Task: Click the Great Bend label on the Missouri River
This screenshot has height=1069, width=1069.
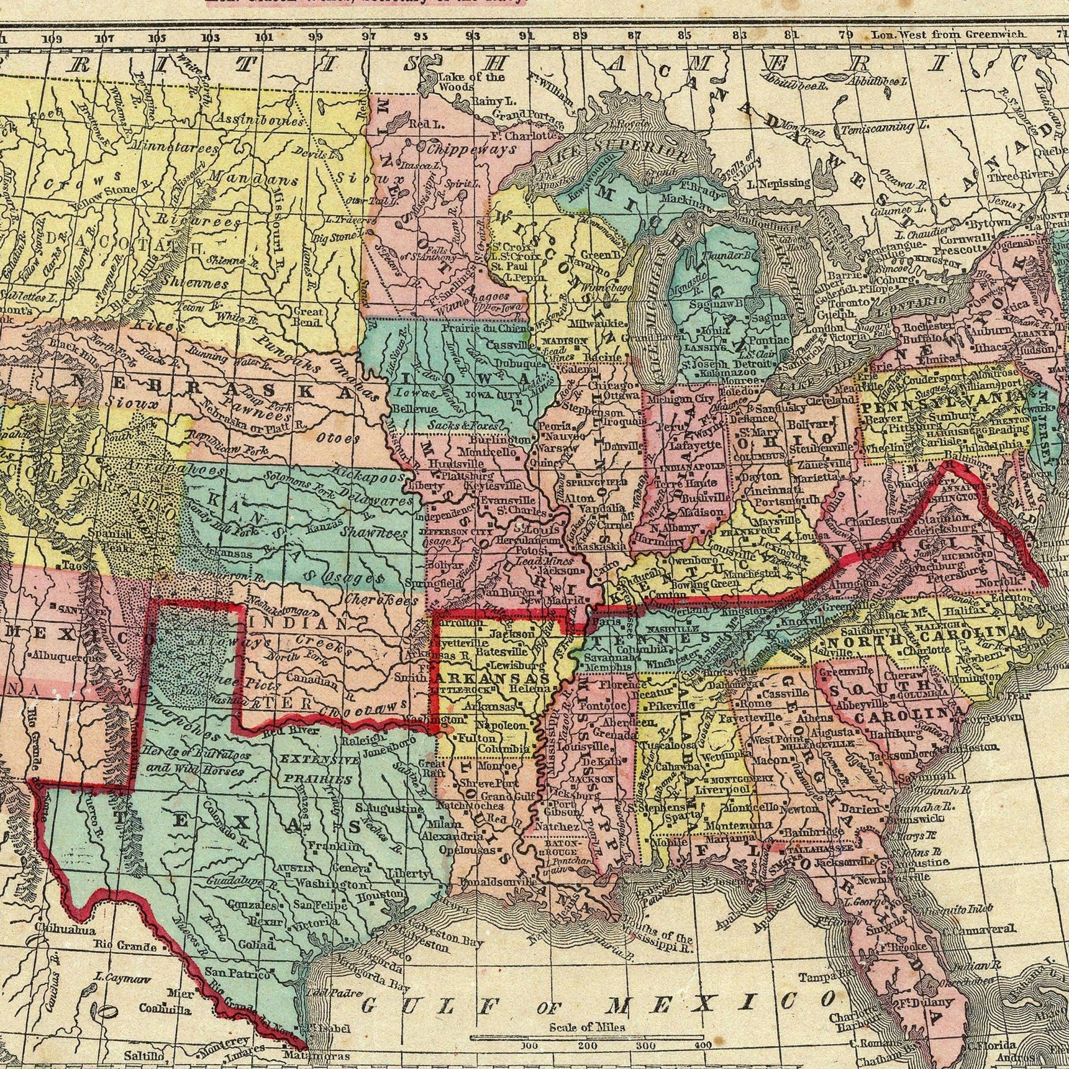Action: [307, 318]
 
